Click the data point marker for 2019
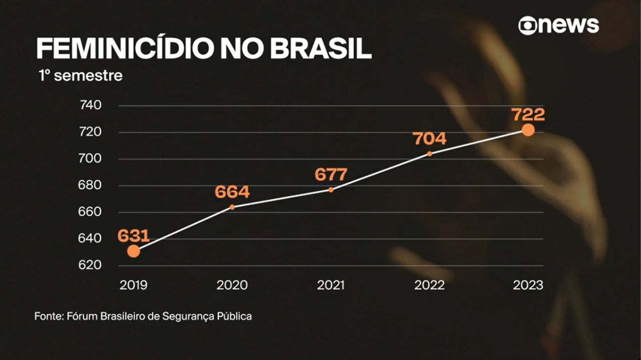pos(133,251)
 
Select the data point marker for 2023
pos(528,130)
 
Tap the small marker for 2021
pos(331,190)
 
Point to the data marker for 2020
pos(232,207)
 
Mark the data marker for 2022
pos(429,154)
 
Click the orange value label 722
pos(528,115)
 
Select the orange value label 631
pos(134,236)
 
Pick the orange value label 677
pos(331,175)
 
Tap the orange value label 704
pos(430,139)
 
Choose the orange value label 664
pos(232,192)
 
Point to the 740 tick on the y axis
pos(91,106)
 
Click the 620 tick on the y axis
pos(91,265)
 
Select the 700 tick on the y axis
pos(91,159)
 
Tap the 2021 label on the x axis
pos(331,285)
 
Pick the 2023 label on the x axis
pos(528,285)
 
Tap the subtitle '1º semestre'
pos(80,76)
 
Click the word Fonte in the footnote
pos(48,316)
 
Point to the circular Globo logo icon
pos(527,26)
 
